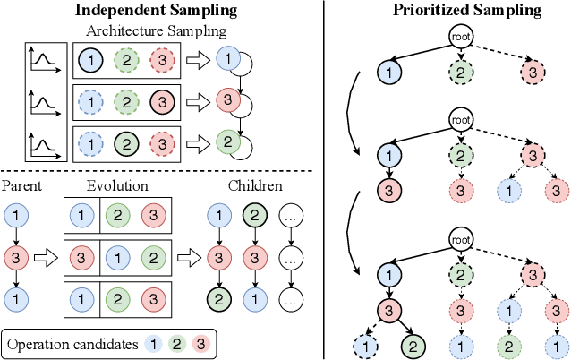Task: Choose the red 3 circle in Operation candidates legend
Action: [x=200, y=342]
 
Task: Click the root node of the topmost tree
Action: [x=461, y=39]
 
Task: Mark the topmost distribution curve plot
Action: [x=43, y=62]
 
